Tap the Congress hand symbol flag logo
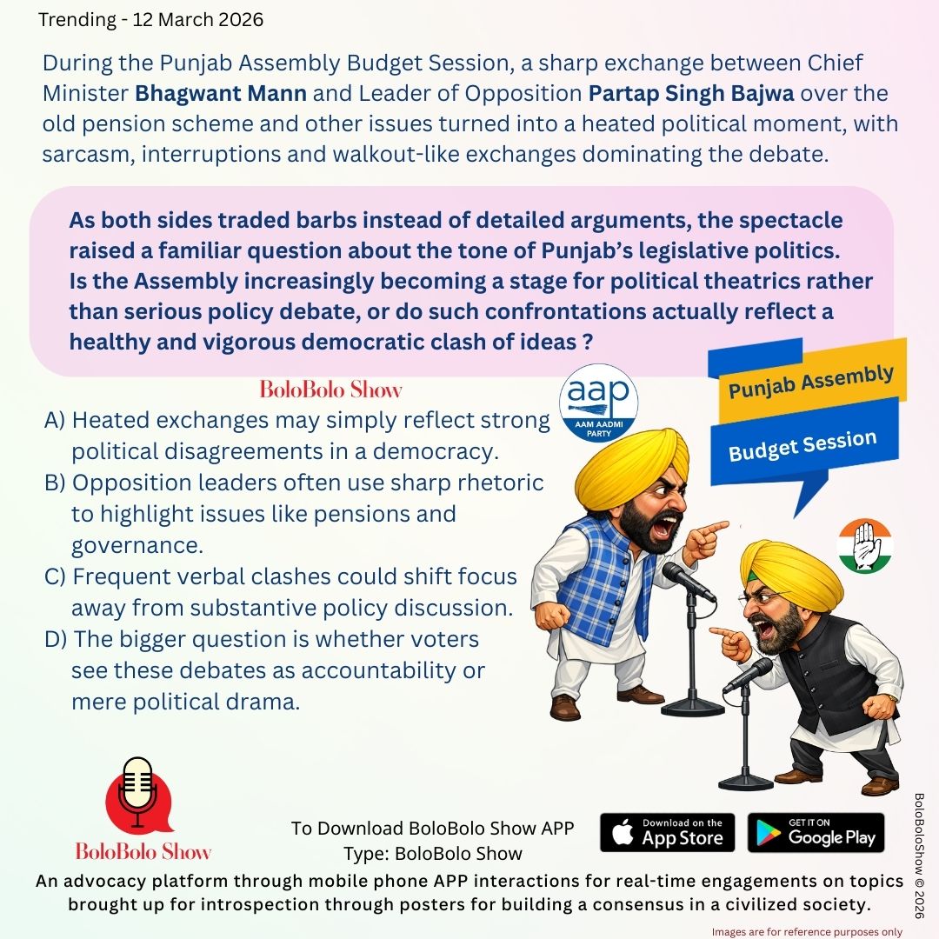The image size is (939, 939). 864,546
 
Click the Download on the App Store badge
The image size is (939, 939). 667,832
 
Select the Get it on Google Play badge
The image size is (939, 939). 816,832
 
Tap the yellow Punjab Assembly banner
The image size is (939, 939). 810,382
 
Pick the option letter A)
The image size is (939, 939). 55,421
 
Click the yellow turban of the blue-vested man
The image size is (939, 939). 630,461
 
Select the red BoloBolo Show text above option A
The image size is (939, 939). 331,389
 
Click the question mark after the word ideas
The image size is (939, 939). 591,342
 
